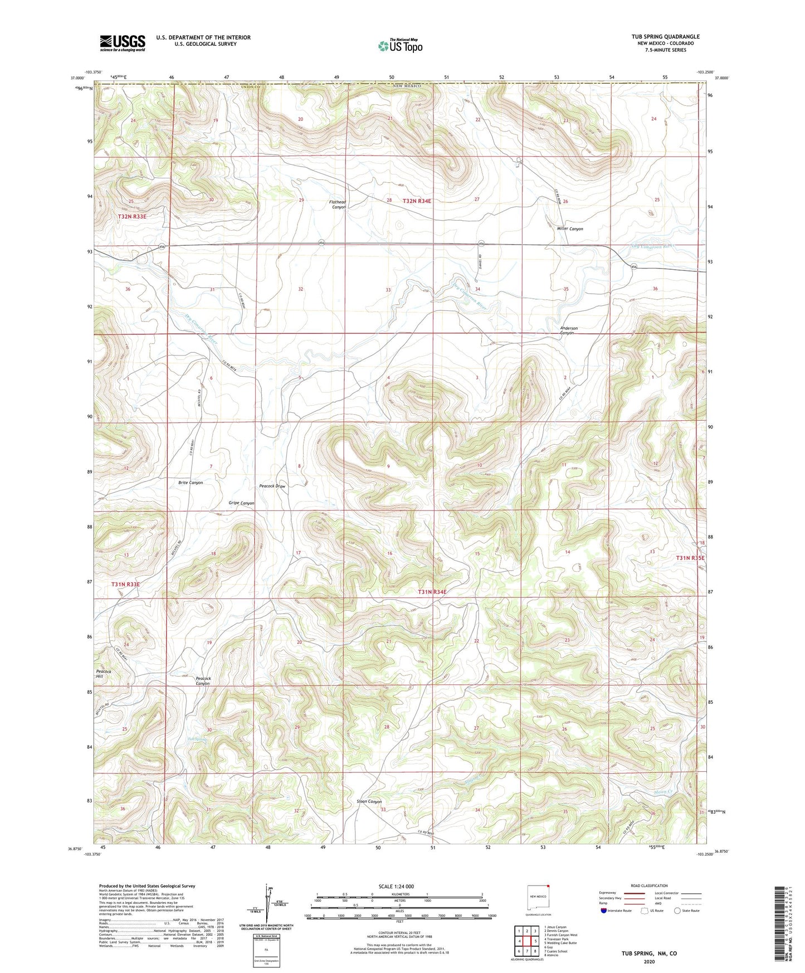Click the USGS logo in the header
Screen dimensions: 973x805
coord(123,43)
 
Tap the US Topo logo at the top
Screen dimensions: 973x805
coord(399,46)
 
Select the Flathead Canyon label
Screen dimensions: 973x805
coord(338,205)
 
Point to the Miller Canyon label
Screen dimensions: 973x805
coord(569,229)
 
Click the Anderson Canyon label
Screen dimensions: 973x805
coord(569,330)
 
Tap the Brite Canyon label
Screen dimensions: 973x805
coord(191,483)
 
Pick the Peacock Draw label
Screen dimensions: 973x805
coord(272,486)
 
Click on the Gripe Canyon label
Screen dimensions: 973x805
coord(241,503)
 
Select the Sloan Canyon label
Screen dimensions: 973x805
coord(369,802)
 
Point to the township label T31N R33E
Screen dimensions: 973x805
coord(125,584)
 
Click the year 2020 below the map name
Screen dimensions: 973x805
coord(649,961)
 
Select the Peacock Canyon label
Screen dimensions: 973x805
coord(202,681)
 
